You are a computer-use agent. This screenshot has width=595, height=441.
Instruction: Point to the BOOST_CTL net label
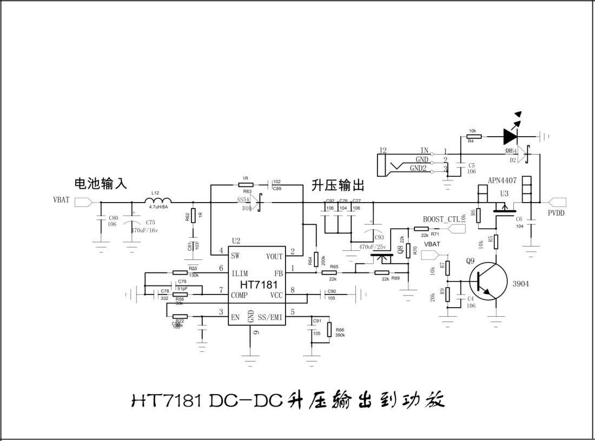coord(441,219)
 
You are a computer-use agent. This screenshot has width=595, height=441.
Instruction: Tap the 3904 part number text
coord(520,284)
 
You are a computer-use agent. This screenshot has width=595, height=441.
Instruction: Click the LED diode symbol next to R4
coord(511,134)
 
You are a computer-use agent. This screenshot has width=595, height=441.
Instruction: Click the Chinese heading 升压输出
coord(338,186)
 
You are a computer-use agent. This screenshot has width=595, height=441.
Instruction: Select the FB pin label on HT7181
coord(279,273)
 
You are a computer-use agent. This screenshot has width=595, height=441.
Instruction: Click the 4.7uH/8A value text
coord(158,206)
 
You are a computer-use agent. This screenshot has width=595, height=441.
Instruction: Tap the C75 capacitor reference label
coord(150,222)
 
